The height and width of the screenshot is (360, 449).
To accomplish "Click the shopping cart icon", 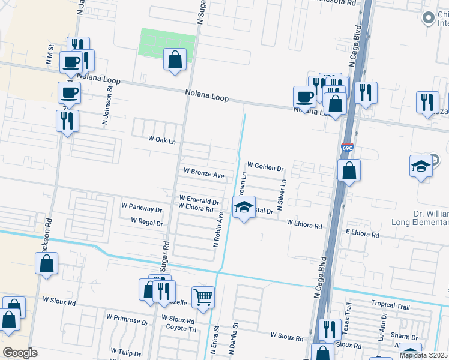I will point(203,296).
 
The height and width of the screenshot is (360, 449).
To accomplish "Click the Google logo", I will point(20,353).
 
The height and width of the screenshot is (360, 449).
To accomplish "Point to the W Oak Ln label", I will point(162,139).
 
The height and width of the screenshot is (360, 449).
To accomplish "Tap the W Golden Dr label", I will point(265,166).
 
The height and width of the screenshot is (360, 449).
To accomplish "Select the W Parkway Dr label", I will point(142,210).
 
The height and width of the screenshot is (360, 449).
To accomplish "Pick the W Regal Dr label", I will point(143,223).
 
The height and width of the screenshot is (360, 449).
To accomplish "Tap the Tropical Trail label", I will point(390,305).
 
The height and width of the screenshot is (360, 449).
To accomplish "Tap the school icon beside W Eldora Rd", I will point(243,208).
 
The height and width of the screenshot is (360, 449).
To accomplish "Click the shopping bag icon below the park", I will point(175,60).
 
